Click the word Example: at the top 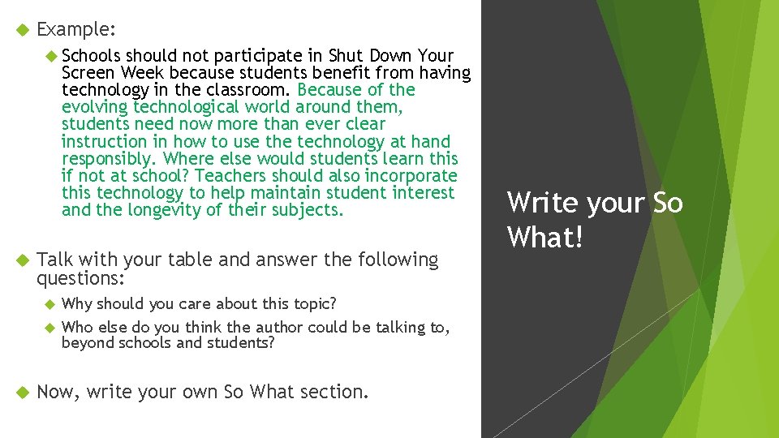77,30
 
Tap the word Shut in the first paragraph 347,56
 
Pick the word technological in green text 182,107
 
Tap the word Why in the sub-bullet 75,304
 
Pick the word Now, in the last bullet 59,392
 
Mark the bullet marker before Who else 49,328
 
